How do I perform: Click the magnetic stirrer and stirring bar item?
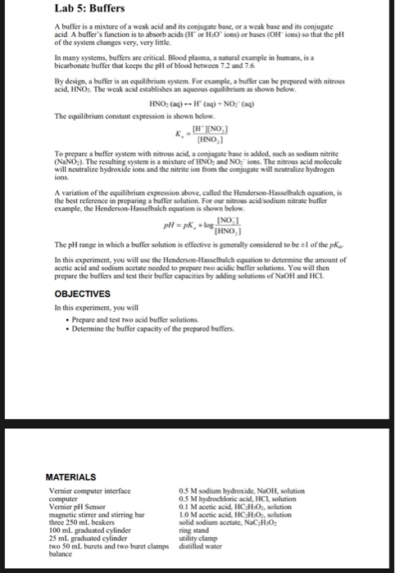(x=97, y=512)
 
